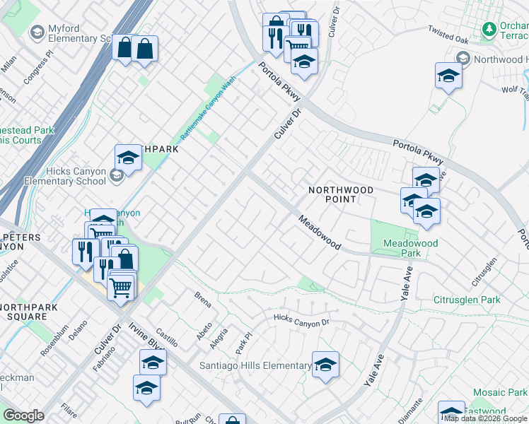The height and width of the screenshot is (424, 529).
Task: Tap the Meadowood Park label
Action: pos(410,248)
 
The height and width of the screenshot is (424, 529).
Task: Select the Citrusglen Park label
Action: pos(467,300)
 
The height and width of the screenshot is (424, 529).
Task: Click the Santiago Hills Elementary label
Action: pos(256,365)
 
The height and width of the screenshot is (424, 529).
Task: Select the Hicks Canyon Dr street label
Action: pos(302,321)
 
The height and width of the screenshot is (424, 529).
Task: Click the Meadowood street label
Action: pos(319,233)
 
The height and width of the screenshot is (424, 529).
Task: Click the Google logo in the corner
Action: pos(23,416)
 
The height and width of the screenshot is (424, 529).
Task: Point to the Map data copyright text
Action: pos(485,418)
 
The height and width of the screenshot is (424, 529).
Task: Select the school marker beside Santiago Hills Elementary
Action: pos(325,365)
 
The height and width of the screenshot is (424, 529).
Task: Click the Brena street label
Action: pos(202,299)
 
